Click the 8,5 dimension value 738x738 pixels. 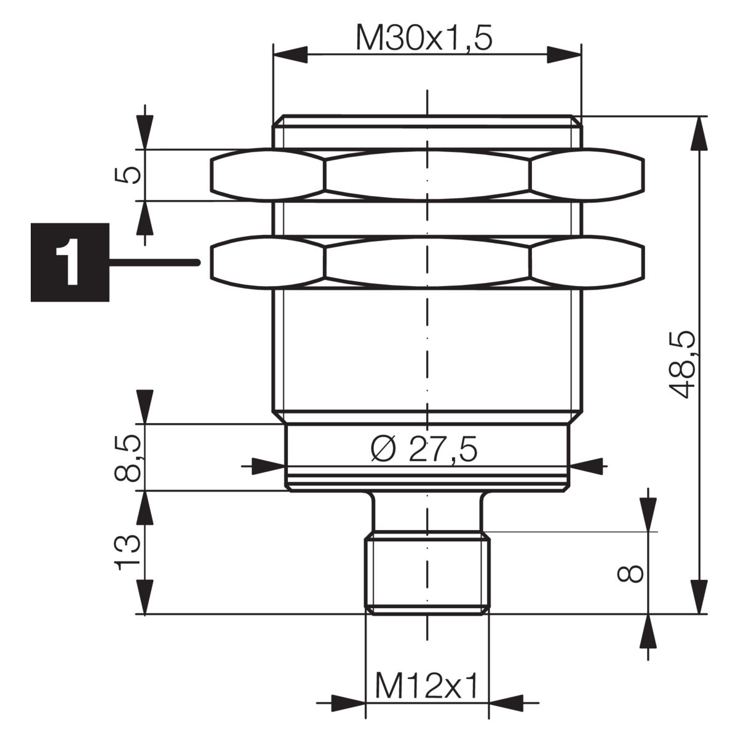click(x=127, y=458)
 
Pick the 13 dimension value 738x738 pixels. click(x=127, y=553)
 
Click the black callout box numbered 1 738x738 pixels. click(x=70, y=263)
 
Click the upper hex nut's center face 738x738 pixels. click(x=427, y=175)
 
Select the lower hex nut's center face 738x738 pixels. click(x=427, y=262)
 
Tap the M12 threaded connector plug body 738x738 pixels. click(x=427, y=573)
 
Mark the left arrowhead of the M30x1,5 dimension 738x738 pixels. click(x=290, y=55)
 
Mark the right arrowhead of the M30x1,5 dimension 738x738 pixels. click(x=564, y=55)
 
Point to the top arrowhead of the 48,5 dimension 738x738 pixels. click(x=699, y=133)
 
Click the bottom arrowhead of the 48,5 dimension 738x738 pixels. click(x=699, y=597)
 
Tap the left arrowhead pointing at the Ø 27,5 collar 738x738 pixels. click(x=269, y=466)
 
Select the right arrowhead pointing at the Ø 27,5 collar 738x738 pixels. click(x=586, y=466)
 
